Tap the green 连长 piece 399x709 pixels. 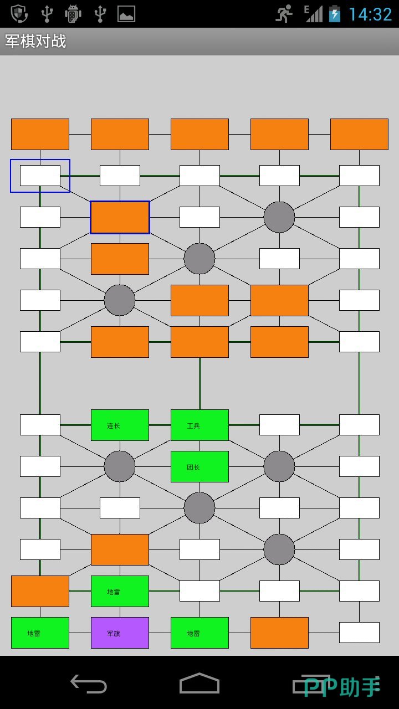pyautogui.click(x=120, y=425)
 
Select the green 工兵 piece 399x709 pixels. pyautogui.click(x=199, y=425)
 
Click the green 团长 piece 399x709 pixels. pyautogui.click(x=199, y=466)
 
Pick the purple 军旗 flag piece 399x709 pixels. pyautogui.click(x=120, y=633)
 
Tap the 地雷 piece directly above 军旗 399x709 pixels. pyautogui.click(x=120, y=591)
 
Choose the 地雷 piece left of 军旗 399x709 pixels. pyautogui.click(x=40, y=633)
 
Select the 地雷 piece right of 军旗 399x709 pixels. pyautogui.click(x=199, y=633)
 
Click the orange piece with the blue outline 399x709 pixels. pyautogui.click(x=120, y=217)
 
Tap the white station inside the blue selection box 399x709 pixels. pyautogui.click(x=40, y=176)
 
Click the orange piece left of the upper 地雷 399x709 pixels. pyautogui.click(x=40, y=591)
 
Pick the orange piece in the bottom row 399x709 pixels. pyautogui.click(x=279, y=633)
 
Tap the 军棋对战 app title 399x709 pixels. pyautogui.click(x=35, y=42)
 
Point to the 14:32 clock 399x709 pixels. pyautogui.click(x=370, y=14)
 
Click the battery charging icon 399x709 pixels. pyautogui.click(x=335, y=14)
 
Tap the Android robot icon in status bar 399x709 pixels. pyautogui.click(x=73, y=14)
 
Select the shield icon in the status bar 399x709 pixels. pyautogui.click(x=19, y=14)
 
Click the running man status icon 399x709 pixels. pyautogui.click(x=284, y=14)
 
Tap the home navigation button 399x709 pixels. pyautogui.click(x=199, y=684)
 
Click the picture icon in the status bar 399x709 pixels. pyautogui.click(x=126, y=14)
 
